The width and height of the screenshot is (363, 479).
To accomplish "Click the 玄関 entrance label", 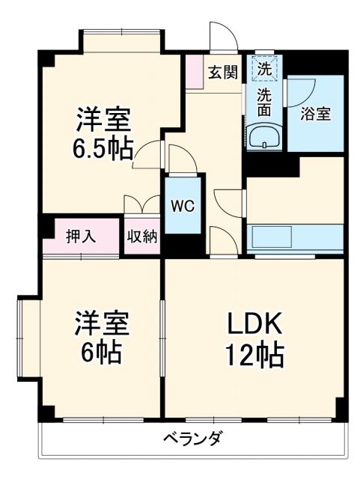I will [x=222, y=72].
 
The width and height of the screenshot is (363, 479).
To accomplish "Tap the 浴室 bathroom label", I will [x=315, y=114].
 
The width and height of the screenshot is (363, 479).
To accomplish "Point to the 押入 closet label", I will [x=81, y=237].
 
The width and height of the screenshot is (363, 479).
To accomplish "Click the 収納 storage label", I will [x=141, y=237].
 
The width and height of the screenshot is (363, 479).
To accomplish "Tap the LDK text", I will [x=254, y=324].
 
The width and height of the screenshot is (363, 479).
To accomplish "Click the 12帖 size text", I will [x=254, y=353].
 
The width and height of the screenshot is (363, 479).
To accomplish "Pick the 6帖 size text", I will [x=102, y=353].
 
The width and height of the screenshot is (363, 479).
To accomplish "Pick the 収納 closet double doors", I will [x=141, y=206].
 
